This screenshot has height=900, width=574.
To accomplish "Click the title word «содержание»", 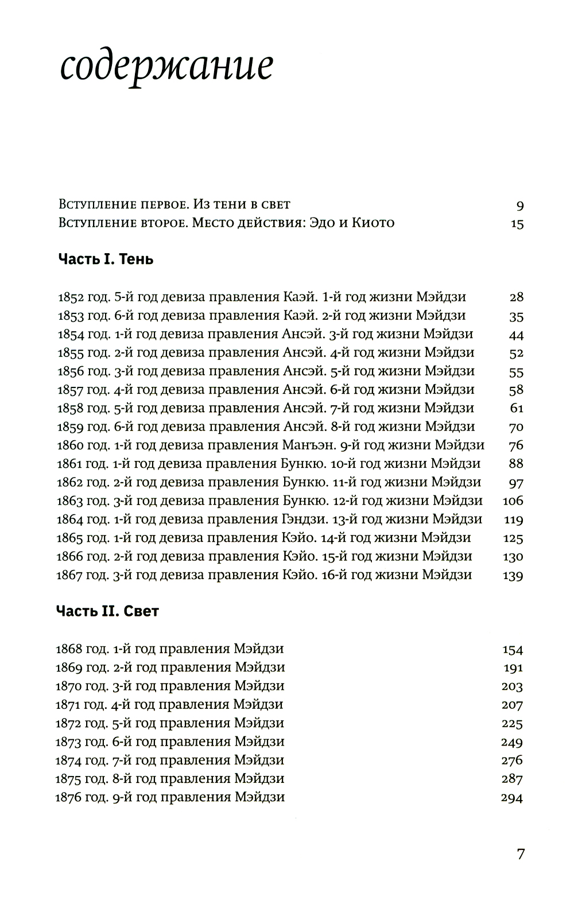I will (x=166, y=68).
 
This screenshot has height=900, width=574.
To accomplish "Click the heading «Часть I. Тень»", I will (x=106, y=259).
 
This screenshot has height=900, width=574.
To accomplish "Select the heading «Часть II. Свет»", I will (x=107, y=611).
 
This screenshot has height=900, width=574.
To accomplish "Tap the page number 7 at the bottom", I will (x=520, y=854).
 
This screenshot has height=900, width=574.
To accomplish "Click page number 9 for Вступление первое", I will (x=519, y=205).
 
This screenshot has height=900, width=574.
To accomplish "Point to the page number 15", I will (x=517, y=223).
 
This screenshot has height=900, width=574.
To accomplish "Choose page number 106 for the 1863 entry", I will (x=513, y=501).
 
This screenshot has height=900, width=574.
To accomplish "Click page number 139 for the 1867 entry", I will (x=513, y=575).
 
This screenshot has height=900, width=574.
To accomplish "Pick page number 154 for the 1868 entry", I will (x=513, y=650).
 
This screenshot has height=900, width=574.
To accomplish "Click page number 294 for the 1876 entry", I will (x=512, y=798).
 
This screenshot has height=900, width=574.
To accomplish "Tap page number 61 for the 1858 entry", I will (x=516, y=408).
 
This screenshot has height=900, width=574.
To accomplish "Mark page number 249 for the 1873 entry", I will (x=512, y=742).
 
